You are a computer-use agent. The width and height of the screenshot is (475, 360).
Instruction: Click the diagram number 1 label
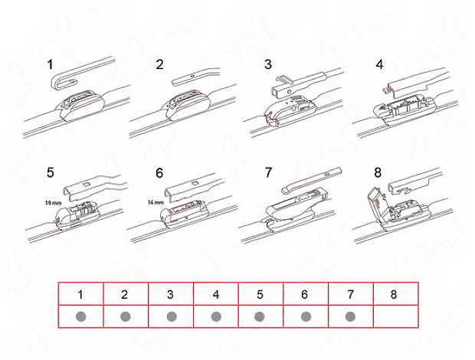50,64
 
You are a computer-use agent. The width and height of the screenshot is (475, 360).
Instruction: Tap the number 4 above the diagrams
379,64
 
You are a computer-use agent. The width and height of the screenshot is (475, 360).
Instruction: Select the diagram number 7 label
268,173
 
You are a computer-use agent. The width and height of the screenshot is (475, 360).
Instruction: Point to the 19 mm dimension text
53,203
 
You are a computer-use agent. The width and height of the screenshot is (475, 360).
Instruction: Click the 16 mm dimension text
156,202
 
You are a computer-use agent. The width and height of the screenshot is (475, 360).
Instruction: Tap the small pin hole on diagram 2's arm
192,75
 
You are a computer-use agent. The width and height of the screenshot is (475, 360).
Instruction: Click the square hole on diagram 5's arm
86,184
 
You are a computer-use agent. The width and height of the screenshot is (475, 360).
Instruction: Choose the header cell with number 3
171,293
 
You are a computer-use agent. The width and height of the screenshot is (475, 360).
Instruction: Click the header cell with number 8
395,293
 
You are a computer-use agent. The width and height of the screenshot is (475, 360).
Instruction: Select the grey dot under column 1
81,316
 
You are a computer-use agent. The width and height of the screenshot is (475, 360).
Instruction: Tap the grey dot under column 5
260,316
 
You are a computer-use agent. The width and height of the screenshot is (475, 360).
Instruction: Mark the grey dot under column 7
350,316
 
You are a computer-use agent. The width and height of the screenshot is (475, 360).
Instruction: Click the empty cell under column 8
395,316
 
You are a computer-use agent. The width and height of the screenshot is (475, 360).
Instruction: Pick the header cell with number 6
306,293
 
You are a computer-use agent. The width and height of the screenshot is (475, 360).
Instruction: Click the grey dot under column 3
172,316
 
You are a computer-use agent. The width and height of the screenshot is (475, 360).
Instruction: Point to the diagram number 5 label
51,173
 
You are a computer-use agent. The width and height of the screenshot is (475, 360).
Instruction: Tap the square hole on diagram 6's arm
195,183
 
